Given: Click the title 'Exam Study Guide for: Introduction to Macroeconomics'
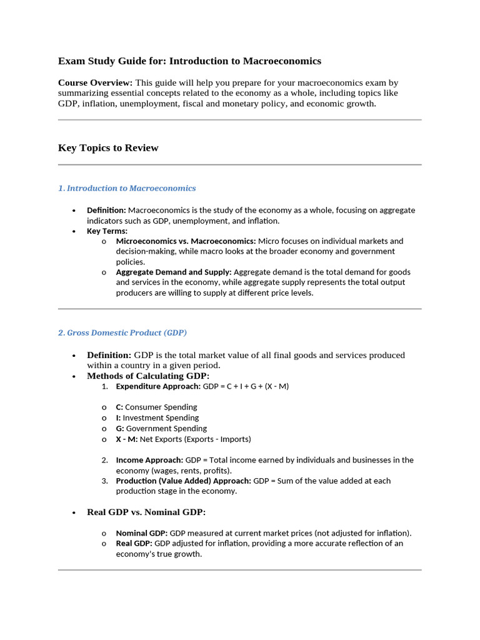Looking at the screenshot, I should [189, 61].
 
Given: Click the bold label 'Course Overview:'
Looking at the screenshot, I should [95, 82].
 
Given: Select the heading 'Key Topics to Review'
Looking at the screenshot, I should [108, 148].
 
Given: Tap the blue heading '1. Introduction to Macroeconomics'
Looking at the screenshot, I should [127, 188].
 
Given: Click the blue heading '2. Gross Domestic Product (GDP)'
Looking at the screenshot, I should [122, 332].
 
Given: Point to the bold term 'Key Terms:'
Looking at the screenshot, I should [107, 231].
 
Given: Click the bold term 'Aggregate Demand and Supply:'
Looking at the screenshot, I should [174, 272].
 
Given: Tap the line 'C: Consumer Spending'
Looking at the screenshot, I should [156, 407].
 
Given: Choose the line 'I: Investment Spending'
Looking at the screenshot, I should [157, 417].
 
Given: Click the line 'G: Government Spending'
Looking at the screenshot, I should [161, 428].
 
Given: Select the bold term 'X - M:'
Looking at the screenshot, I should [127, 439].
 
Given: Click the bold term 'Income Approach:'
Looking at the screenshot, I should [149, 460].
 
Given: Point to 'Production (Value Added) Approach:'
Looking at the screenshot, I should [182, 481].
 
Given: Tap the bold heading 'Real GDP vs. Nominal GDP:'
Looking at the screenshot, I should [146, 512].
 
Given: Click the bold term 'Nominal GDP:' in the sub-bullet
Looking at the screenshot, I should [142, 533].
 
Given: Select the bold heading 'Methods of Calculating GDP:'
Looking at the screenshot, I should [148, 376].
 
